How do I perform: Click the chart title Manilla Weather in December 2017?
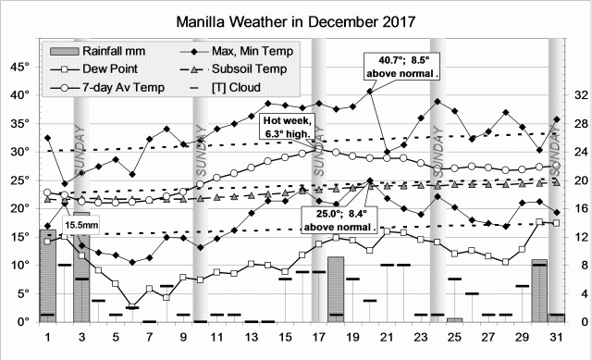295,19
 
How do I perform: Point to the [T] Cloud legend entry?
235,88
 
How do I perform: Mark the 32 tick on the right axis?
572,94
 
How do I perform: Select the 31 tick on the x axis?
556,337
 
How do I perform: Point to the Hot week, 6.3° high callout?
289,127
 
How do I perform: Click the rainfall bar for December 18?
336,290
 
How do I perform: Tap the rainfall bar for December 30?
539,291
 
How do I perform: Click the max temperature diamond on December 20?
370,91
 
